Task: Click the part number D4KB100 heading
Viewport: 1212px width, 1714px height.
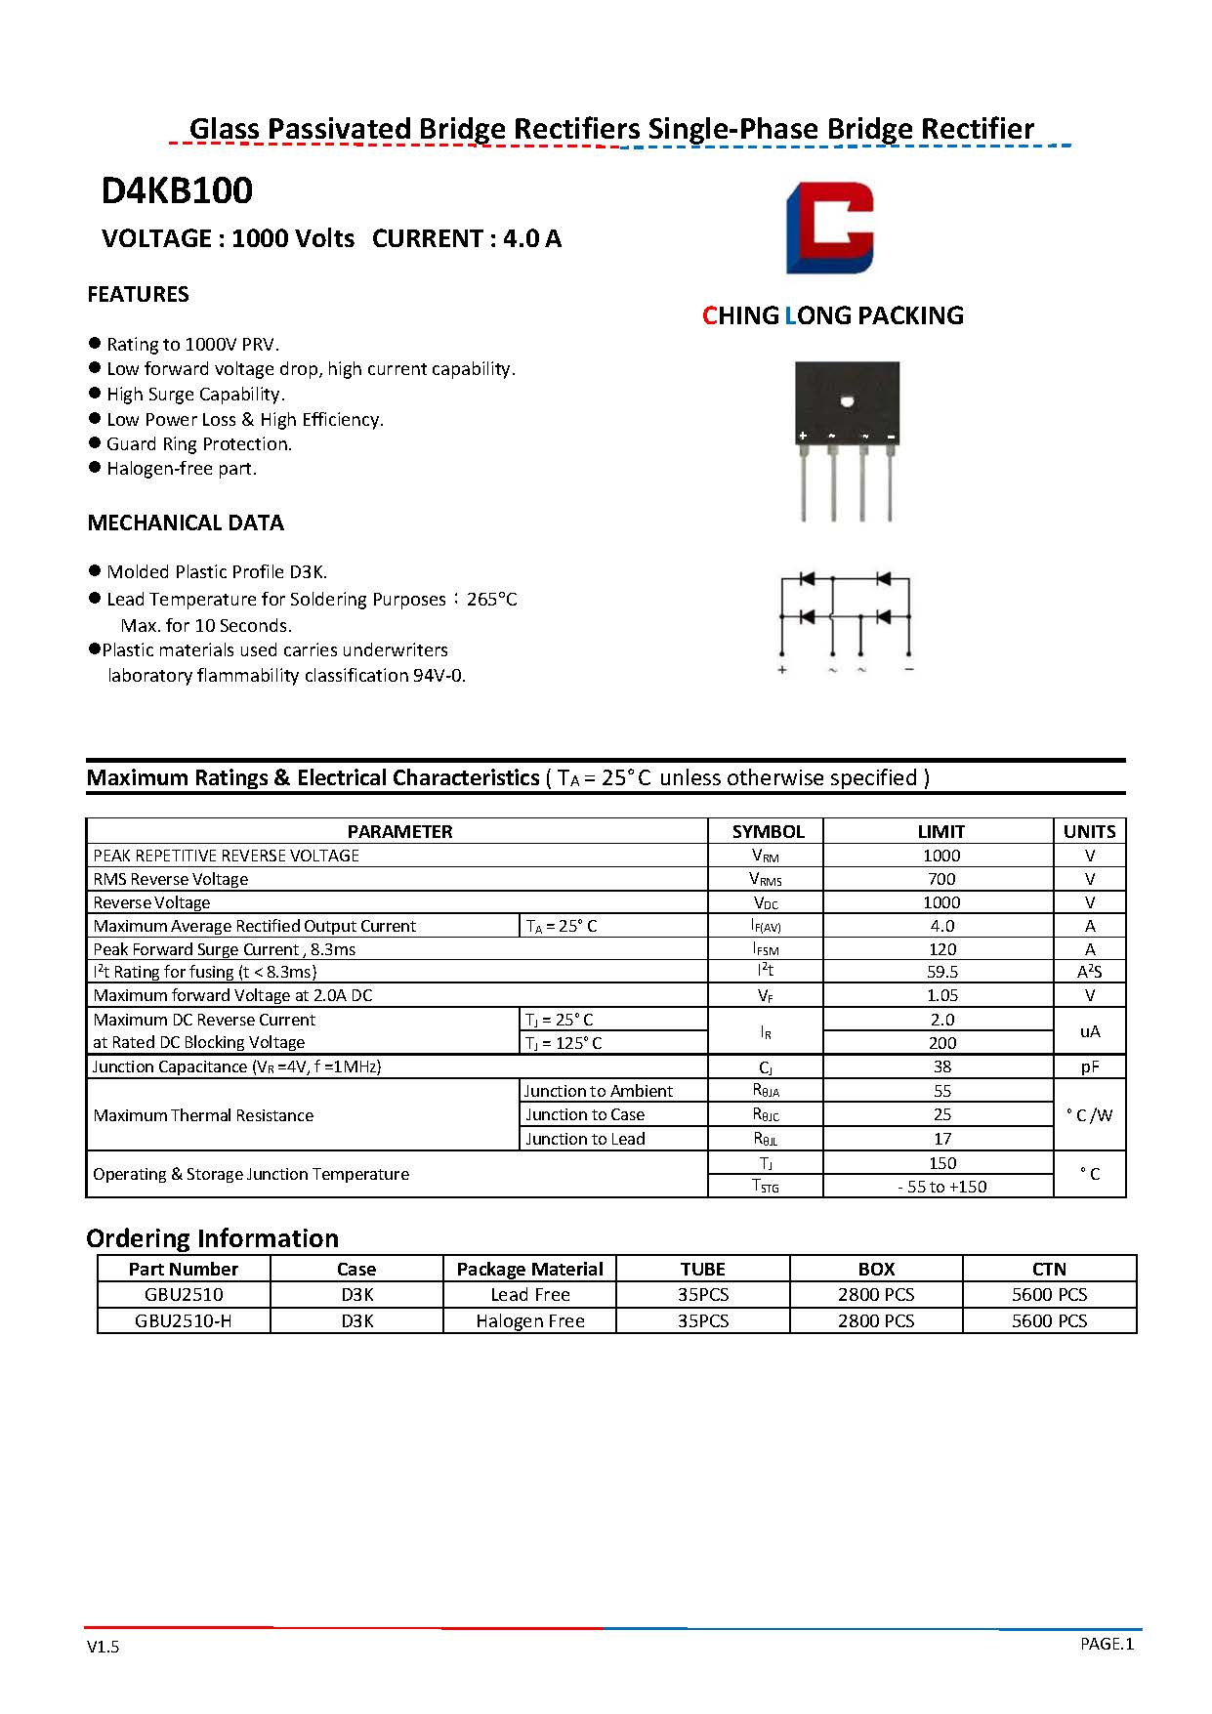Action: pyautogui.click(x=177, y=191)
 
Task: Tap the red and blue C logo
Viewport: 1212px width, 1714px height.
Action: pyautogui.click(x=829, y=228)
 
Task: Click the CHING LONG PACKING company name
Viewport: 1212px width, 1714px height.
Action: pyautogui.click(x=832, y=315)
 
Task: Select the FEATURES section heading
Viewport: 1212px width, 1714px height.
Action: pyautogui.click(x=138, y=294)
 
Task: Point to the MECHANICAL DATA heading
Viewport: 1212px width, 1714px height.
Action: pyautogui.click(x=186, y=523)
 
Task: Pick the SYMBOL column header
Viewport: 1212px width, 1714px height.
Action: pyautogui.click(x=768, y=831)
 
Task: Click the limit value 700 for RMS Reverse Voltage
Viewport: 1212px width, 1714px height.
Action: pyautogui.click(x=941, y=879)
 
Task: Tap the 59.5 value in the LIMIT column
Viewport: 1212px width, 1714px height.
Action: pyautogui.click(x=941, y=972)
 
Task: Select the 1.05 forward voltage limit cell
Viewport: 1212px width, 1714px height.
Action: pyautogui.click(x=941, y=995)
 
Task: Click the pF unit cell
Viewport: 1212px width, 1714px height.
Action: pyautogui.click(x=1089, y=1066)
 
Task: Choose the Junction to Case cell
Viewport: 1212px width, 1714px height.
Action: pyautogui.click(x=585, y=1114)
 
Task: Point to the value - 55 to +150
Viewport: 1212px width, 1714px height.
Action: pyautogui.click(x=941, y=1187)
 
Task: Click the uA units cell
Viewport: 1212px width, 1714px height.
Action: pyautogui.click(x=1089, y=1031)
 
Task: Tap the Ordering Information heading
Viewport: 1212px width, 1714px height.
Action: pyautogui.click(x=212, y=1238)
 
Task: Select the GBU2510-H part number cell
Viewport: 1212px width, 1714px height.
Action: pyautogui.click(x=184, y=1320)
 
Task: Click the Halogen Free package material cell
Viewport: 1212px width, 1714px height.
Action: pyautogui.click(x=530, y=1320)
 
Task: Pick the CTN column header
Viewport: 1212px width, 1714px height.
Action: pyautogui.click(x=1049, y=1269)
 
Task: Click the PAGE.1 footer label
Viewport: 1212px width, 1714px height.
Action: pyautogui.click(x=1107, y=1644)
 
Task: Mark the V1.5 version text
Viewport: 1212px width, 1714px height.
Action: pyautogui.click(x=103, y=1647)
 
